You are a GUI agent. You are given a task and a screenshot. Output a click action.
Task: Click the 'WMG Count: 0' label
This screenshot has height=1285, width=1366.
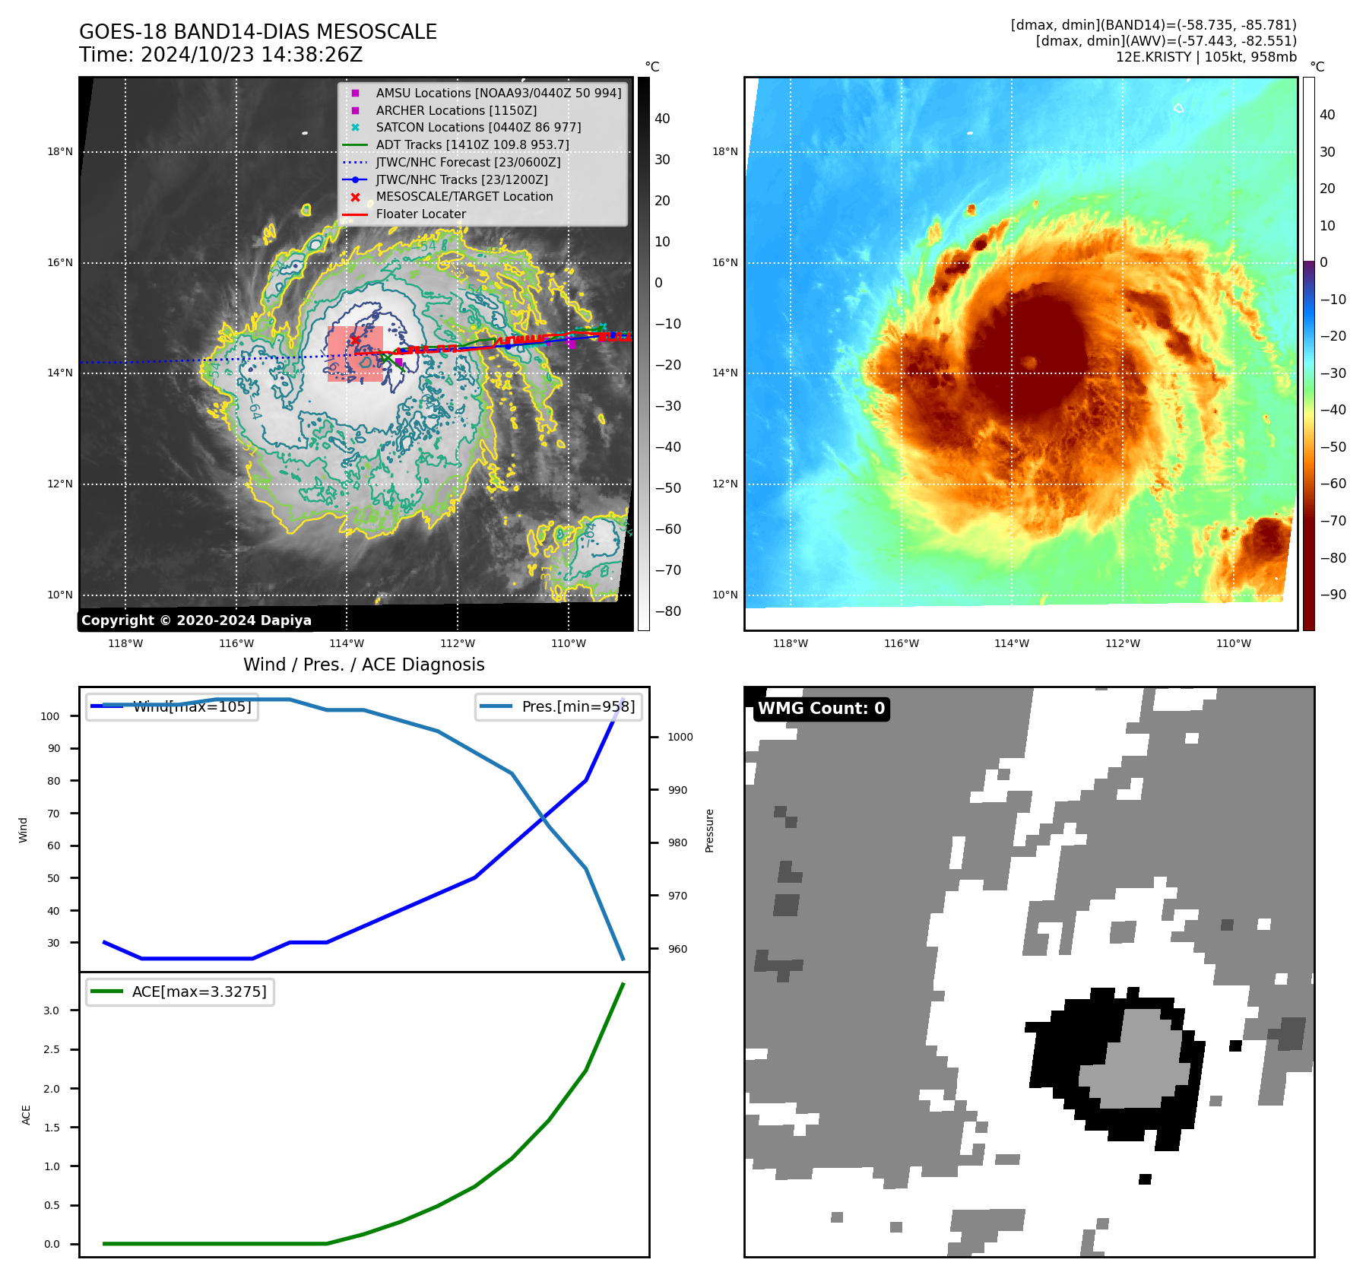[821, 709]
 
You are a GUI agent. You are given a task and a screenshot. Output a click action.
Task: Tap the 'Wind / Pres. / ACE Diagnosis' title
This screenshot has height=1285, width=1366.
[363, 665]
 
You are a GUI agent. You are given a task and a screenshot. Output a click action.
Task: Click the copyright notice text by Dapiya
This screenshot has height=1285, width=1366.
[196, 620]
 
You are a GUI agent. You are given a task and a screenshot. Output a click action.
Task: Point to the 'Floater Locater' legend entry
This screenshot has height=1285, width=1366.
[420, 214]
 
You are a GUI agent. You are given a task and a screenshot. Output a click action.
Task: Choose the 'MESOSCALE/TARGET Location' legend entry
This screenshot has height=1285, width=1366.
[464, 197]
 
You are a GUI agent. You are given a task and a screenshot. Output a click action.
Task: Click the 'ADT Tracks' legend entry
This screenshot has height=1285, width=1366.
[472, 145]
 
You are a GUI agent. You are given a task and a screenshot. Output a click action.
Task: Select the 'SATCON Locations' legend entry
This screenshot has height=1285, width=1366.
[478, 128]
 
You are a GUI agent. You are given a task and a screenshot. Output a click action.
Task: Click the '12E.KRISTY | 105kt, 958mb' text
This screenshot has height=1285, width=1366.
[1206, 57]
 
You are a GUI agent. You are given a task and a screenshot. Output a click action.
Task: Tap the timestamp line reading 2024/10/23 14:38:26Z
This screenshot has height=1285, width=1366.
[220, 56]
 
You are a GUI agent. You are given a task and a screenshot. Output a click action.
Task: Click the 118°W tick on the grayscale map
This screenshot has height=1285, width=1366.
[125, 644]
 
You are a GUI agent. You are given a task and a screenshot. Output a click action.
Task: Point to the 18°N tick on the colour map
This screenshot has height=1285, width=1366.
[724, 152]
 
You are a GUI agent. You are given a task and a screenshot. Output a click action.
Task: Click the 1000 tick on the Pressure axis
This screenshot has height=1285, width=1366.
[680, 737]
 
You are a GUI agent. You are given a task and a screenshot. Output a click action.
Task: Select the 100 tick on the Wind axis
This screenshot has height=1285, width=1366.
[50, 716]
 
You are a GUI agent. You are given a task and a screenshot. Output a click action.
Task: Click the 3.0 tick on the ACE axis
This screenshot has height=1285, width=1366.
[52, 1011]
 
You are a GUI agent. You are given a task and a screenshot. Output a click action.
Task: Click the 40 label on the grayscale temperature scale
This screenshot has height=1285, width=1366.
[662, 119]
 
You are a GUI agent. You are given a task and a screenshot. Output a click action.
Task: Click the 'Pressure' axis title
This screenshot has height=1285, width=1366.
[709, 830]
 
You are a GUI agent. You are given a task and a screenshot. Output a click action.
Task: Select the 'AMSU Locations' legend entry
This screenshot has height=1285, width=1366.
[498, 94]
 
